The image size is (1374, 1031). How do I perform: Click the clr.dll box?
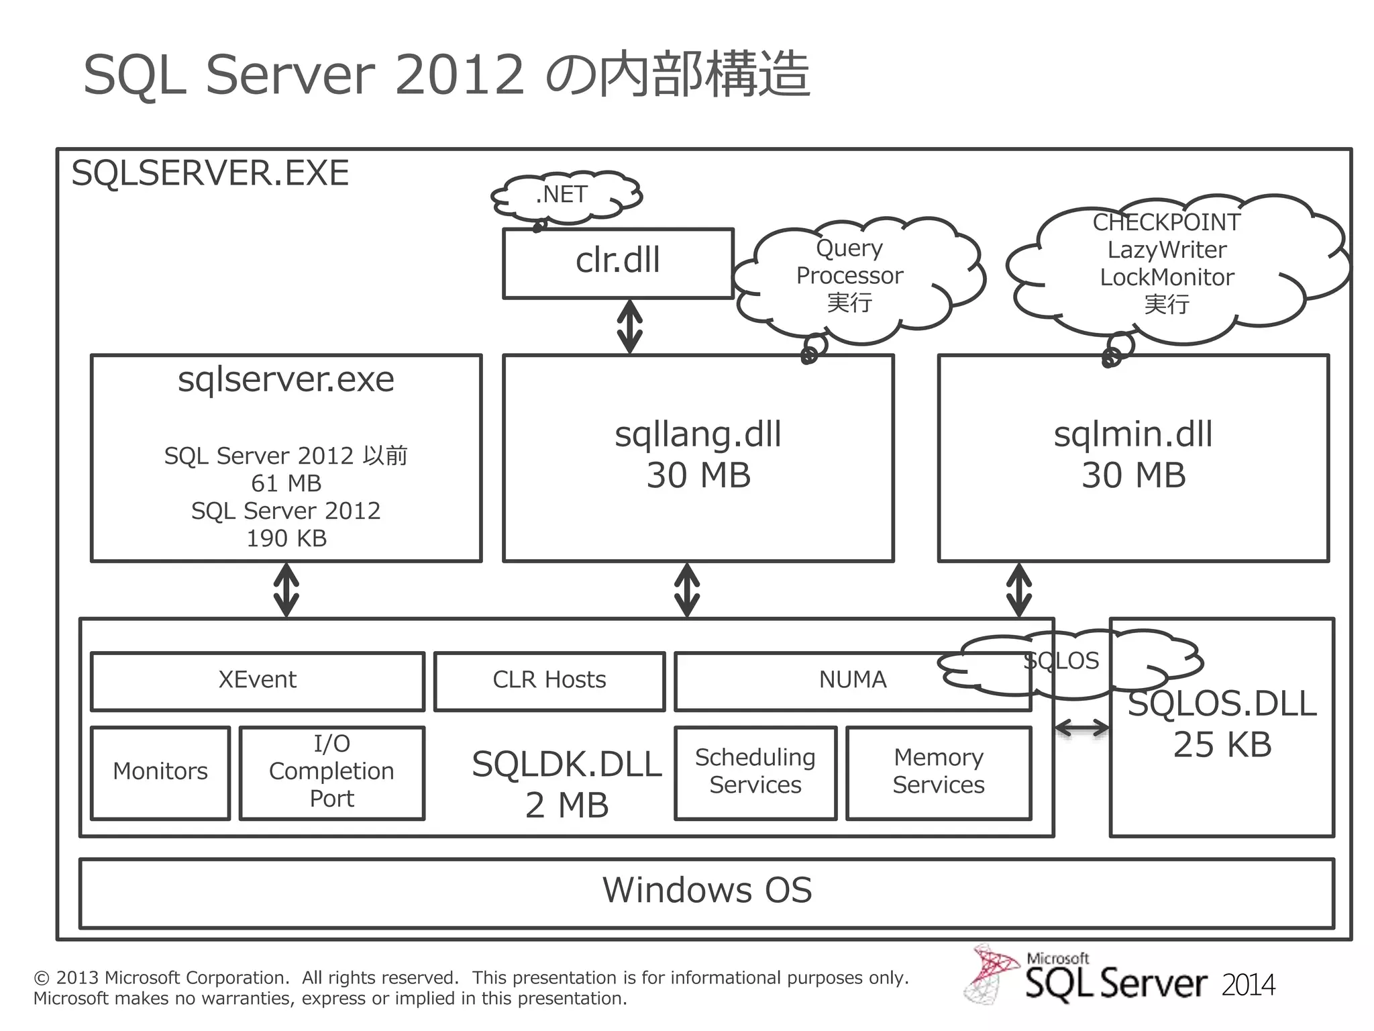coord(618,262)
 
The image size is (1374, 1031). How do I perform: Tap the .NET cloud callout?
coord(564,195)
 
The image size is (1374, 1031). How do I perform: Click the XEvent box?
coord(258,681)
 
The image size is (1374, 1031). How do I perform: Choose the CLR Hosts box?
coord(549,681)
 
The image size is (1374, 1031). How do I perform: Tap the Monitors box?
coord(160,773)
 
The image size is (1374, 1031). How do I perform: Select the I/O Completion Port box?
coord(332,773)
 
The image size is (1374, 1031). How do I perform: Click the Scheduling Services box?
coord(755,773)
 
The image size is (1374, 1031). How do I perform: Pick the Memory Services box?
coord(939,773)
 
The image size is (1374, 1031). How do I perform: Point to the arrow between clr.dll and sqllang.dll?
coord(629,327)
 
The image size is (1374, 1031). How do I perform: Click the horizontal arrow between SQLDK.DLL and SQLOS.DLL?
coord(1081,728)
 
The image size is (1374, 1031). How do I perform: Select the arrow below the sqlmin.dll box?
coord(1019,590)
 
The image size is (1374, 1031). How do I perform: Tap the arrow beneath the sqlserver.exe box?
coord(286,590)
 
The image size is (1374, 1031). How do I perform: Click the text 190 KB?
coord(286,539)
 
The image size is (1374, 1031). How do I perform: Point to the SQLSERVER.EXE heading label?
coord(210,174)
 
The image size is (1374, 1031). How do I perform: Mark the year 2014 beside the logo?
coord(1248,985)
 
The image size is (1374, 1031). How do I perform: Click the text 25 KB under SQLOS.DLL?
coord(1222,745)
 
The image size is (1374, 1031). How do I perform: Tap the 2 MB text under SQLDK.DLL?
coord(567,805)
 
